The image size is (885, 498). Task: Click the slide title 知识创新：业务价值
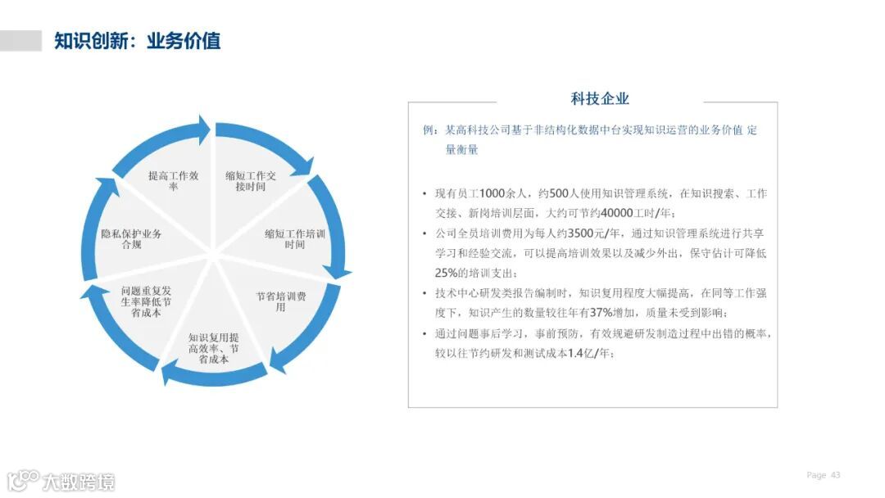137,41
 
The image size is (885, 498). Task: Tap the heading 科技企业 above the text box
600,99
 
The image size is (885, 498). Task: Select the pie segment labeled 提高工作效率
173,180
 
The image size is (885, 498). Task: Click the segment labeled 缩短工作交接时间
251,181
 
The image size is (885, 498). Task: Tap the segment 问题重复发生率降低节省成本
146,301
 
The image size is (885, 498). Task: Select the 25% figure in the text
447,273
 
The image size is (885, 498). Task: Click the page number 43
835,475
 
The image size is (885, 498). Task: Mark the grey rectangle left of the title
20,41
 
